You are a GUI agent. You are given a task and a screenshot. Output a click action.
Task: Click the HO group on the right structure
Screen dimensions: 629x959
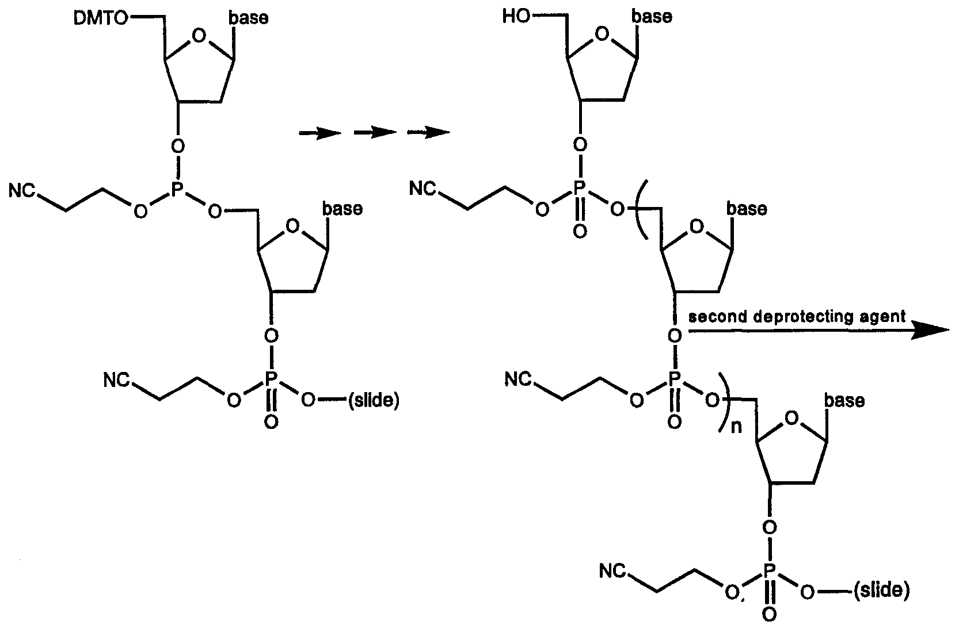coord(515,17)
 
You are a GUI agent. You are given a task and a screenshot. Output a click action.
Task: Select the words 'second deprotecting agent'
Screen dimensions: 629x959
coord(797,316)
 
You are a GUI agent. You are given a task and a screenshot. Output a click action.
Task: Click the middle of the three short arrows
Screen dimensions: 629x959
coord(375,133)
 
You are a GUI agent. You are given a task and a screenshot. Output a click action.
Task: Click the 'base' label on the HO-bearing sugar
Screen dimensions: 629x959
coord(652,17)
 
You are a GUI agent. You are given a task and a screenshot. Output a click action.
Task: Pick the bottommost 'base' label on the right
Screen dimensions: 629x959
coord(844,400)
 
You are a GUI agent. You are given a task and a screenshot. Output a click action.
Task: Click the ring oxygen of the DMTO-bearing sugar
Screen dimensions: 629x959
coord(198,37)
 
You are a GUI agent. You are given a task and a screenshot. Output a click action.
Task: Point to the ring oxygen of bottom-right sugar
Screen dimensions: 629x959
coord(792,419)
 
